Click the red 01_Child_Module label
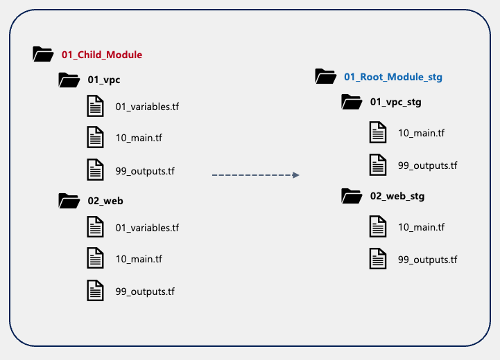(102, 54)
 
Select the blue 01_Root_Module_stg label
(393, 76)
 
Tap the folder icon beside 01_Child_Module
(43, 54)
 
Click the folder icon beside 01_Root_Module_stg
(325, 75)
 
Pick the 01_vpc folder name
(103, 80)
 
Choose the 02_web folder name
(105, 201)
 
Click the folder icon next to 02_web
(69, 201)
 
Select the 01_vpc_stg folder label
(396, 102)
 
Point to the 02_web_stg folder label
(397, 196)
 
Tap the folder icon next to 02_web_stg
(352, 196)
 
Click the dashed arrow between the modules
(255, 175)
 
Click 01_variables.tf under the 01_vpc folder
(147, 107)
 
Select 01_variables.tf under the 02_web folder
(147, 228)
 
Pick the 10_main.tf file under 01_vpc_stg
(421, 133)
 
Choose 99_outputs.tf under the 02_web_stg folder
(427, 260)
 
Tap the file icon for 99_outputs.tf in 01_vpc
(95, 169)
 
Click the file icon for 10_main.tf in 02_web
(95, 259)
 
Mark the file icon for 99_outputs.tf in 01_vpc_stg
(378, 165)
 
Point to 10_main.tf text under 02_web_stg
(421, 227)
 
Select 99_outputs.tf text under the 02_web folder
(145, 291)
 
